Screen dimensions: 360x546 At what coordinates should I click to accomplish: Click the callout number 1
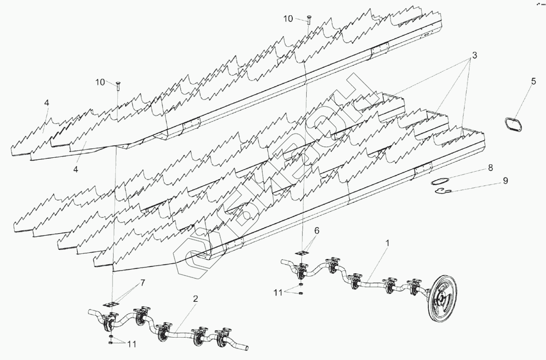coord(388,243)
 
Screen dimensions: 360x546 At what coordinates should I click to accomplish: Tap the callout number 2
coord(196,299)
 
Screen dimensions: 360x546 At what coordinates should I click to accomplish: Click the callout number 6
coord(317,230)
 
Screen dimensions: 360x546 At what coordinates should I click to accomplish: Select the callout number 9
coord(492,181)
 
